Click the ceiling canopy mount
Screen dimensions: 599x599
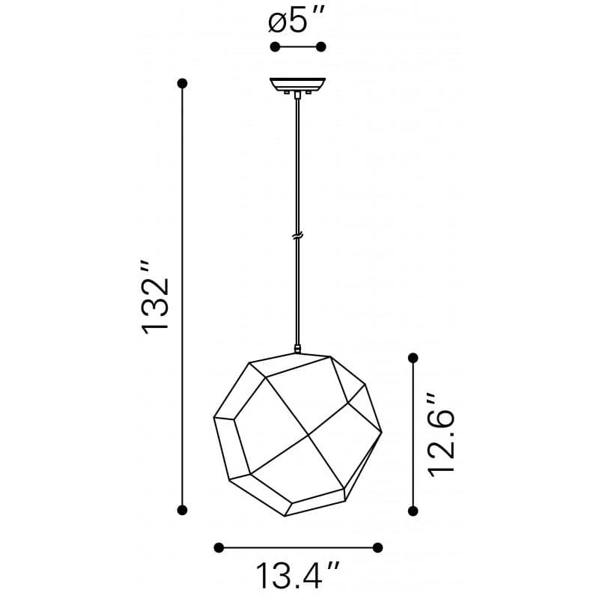298,84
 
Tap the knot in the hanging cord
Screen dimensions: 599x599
298,237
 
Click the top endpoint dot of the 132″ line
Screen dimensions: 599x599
181,82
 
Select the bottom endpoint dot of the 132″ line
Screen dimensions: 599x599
181,510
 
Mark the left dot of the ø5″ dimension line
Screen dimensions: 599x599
275,47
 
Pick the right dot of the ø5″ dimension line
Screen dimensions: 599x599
321,47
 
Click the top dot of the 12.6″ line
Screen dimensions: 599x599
413,359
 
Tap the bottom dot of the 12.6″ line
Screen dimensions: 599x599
413,510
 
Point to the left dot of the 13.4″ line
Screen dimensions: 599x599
219,547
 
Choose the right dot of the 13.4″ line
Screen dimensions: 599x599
378,547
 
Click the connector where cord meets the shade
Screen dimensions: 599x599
298,349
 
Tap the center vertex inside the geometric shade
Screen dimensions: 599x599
308,434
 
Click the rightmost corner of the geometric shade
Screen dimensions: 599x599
382,431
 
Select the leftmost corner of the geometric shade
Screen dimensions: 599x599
214,416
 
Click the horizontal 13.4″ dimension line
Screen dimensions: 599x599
298,547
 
